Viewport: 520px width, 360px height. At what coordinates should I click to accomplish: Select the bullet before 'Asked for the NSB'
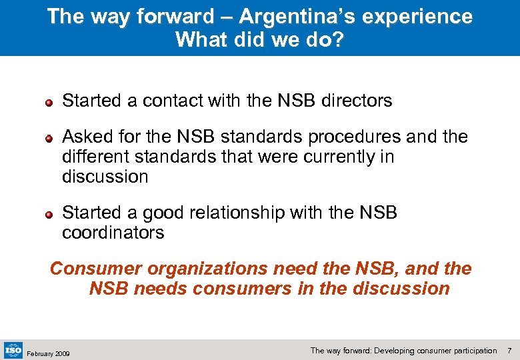49,139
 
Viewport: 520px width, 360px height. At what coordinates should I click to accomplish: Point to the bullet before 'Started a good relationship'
49,215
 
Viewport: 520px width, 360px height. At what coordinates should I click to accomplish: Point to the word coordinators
113,233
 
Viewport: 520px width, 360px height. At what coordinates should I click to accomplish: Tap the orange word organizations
204,269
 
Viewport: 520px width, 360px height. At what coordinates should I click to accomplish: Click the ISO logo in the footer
13,349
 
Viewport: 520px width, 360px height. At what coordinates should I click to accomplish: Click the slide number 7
509,350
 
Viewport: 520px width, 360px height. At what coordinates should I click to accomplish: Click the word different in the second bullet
91,157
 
